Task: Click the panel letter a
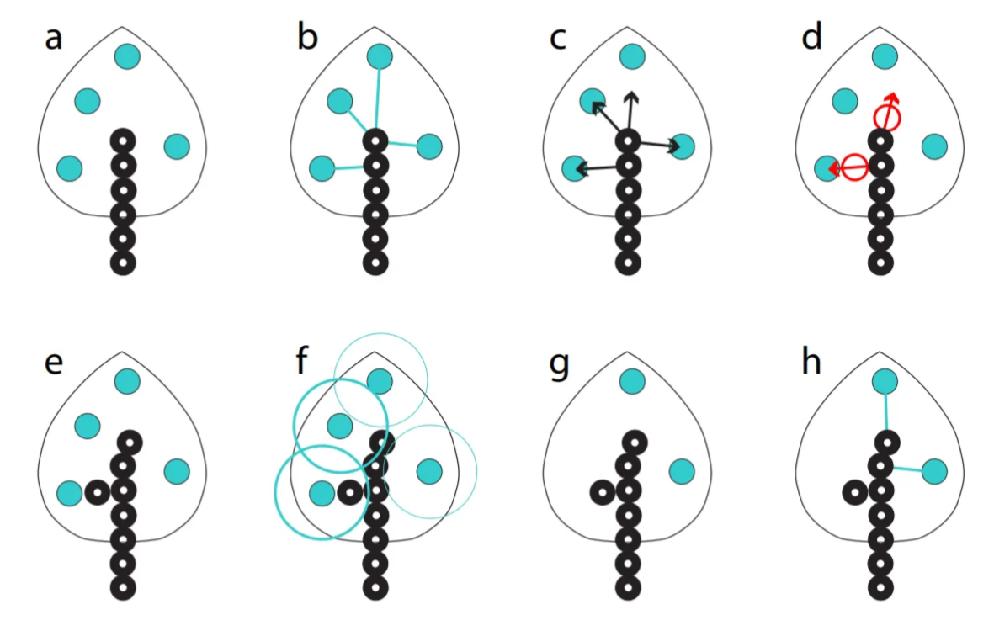[x=53, y=39]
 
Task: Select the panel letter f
[x=303, y=363]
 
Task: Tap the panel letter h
[x=811, y=363]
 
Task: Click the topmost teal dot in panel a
[x=127, y=56]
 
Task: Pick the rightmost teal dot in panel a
[x=177, y=146]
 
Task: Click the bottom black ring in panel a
[x=123, y=262]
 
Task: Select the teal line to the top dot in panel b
[x=378, y=97]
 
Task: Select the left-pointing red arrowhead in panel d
[x=833, y=169]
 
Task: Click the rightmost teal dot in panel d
[x=934, y=146]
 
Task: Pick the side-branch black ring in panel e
[x=98, y=491]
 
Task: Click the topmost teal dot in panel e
[x=127, y=380]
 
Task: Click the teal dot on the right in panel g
[x=682, y=471]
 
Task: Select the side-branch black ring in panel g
[x=603, y=491]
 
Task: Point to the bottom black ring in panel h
[x=880, y=586]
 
